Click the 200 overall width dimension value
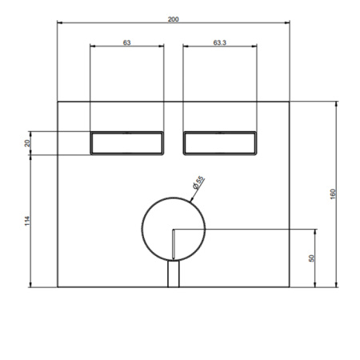173,19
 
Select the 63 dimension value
126,42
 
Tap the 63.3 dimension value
220,42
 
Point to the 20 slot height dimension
27,143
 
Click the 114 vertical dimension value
27,221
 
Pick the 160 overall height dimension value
333,194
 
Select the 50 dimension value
311,258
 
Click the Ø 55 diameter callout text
198,182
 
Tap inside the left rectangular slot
126,143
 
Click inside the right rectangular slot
220,143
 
